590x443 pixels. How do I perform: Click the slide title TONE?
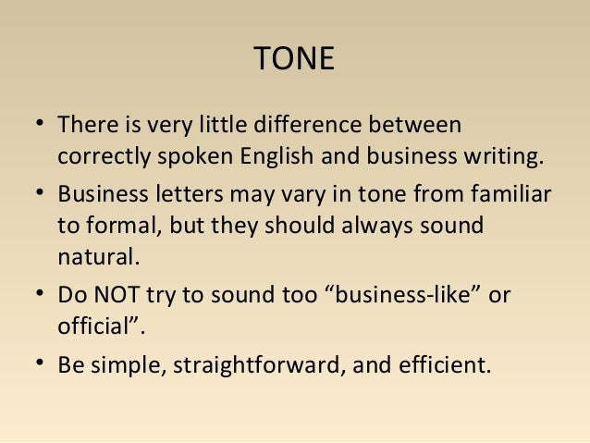[294, 59]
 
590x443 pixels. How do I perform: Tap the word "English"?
[277, 155]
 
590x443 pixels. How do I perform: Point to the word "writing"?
[503, 155]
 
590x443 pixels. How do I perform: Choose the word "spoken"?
[188, 155]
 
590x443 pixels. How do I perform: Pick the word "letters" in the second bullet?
[175, 196]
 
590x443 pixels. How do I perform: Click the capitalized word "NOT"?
[114, 297]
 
